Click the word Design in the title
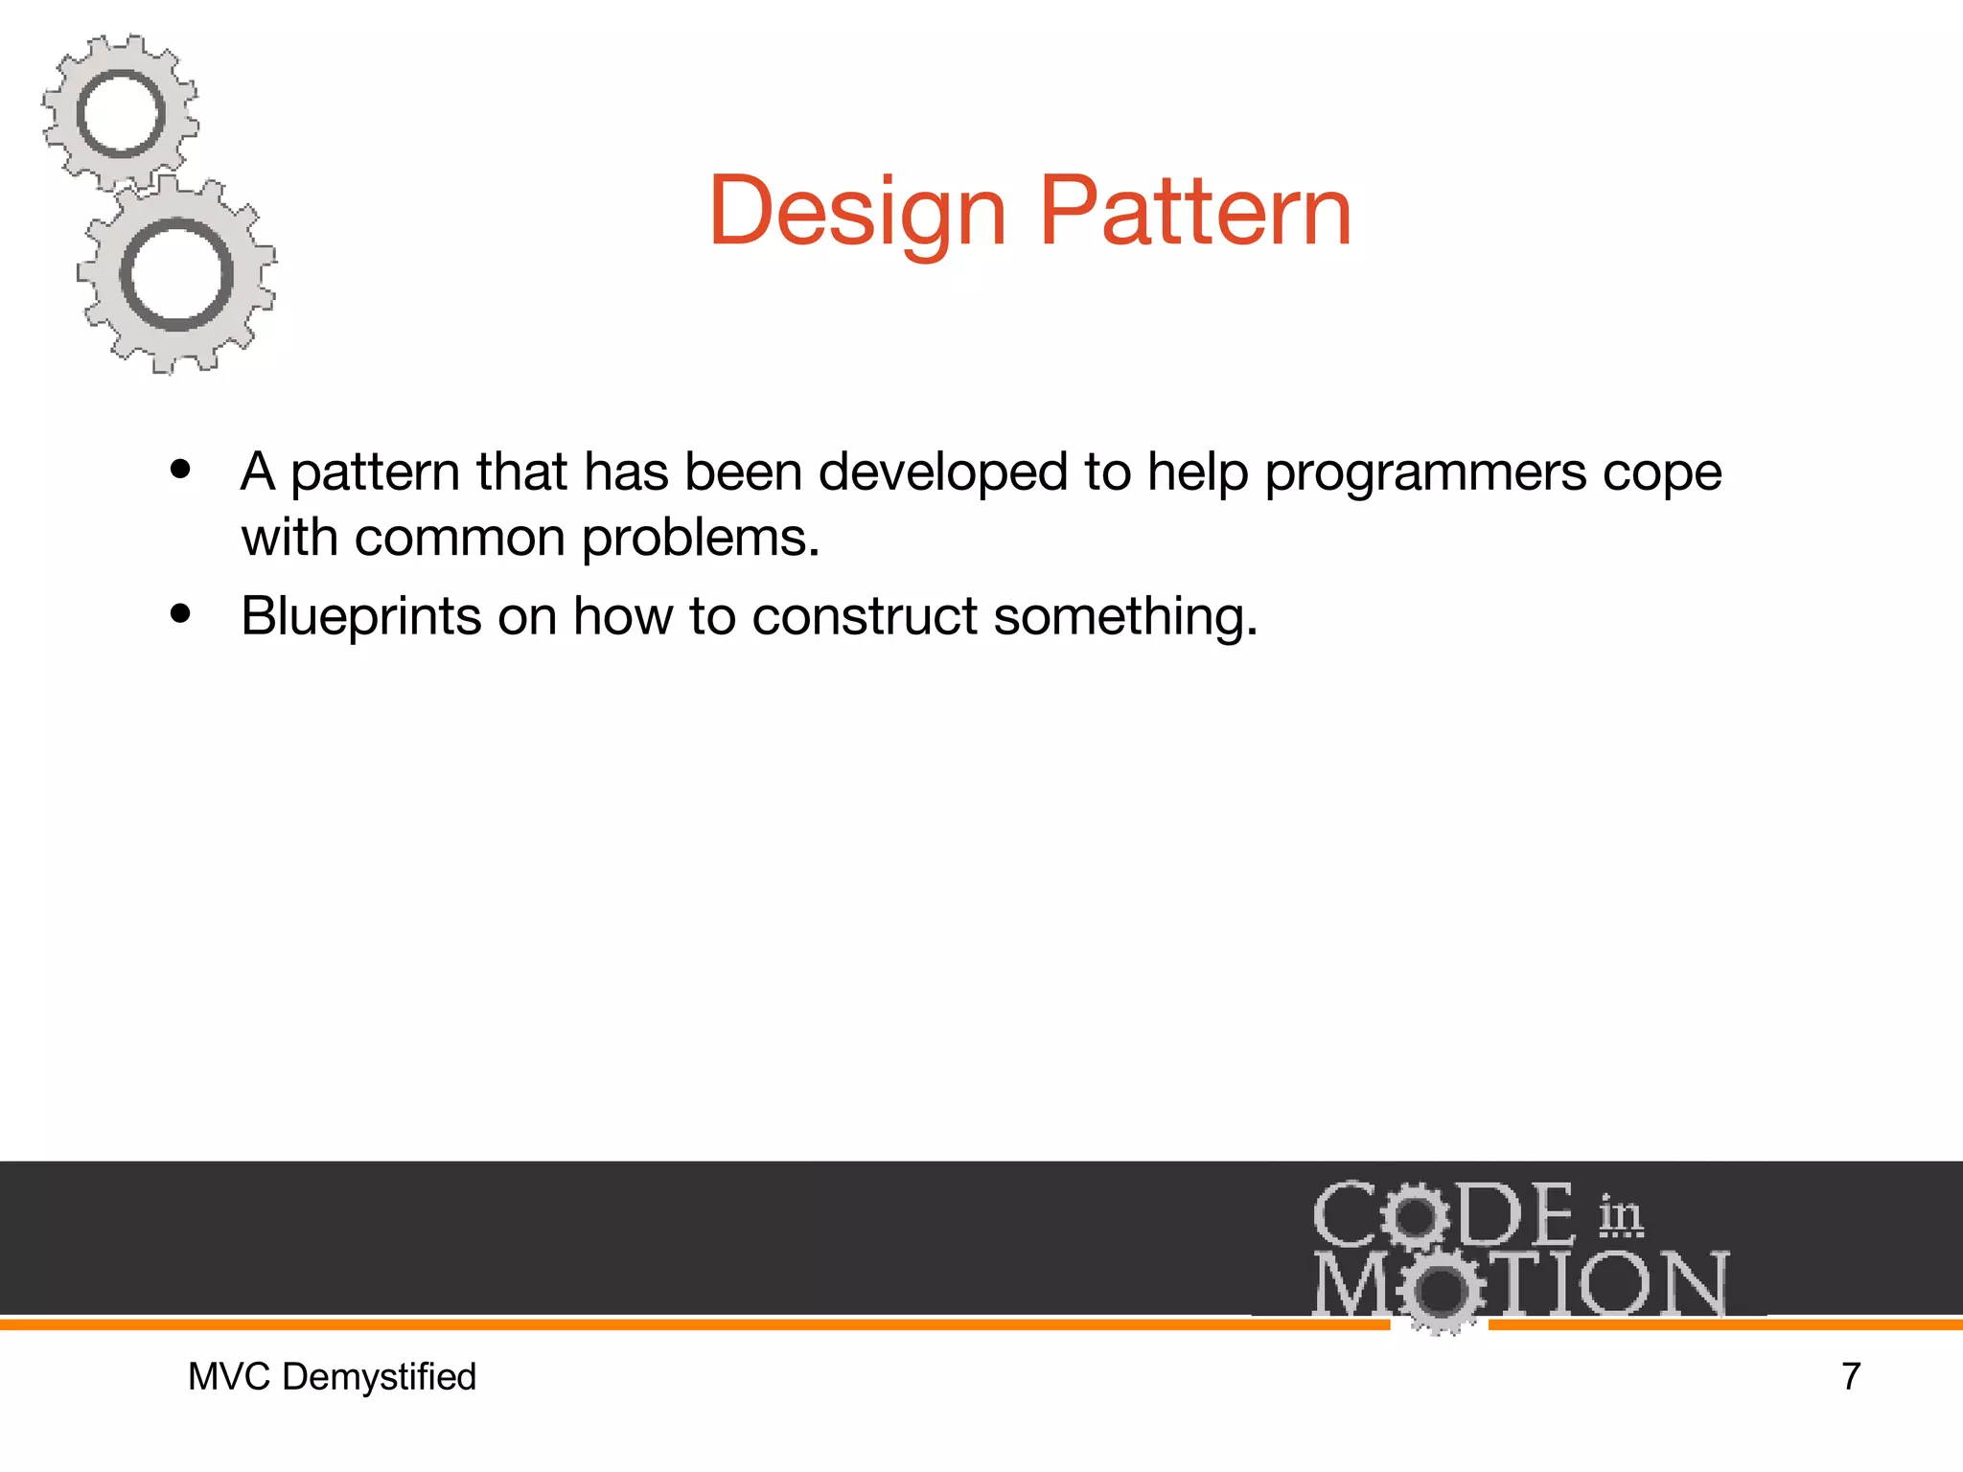(x=856, y=213)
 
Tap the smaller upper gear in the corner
(x=121, y=113)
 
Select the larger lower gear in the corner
(x=177, y=275)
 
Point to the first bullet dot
(x=180, y=471)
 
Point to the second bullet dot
(x=180, y=614)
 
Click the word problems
(x=700, y=539)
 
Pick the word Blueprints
(x=360, y=617)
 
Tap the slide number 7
(x=1851, y=1376)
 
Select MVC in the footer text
(x=230, y=1377)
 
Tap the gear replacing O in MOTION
(x=1440, y=1290)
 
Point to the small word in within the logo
(x=1620, y=1216)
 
